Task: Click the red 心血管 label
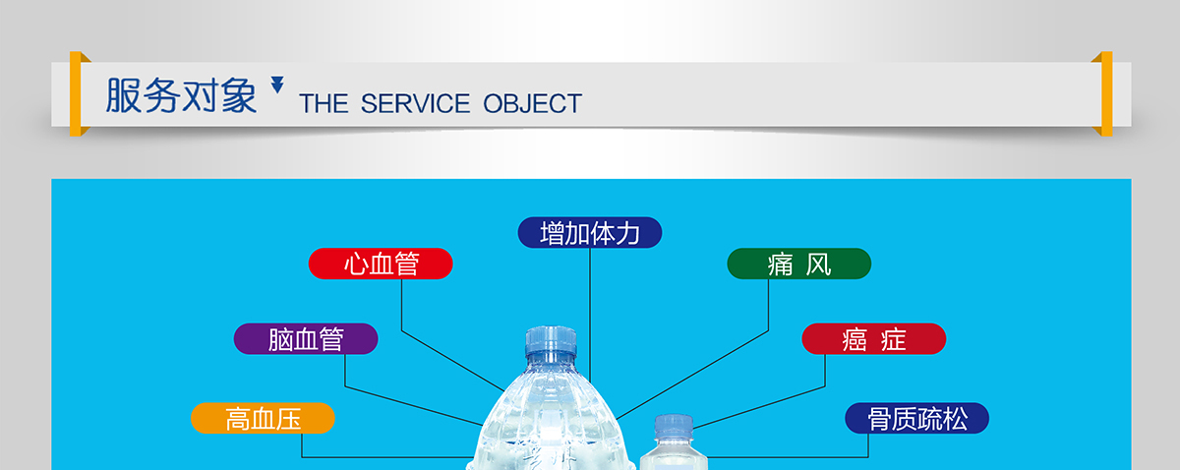(x=381, y=264)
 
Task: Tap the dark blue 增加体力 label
(x=590, y=232)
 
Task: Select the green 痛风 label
(x=799, y=264)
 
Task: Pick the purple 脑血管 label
(x=306, y=339)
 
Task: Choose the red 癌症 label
(x=874, y=339)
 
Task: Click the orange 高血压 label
(x=263, y=418)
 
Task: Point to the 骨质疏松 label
(x=917, y=418)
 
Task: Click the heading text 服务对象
(x=181, y=95)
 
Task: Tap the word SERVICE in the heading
(x=415, y=103)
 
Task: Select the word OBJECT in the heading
(x=533, y=103)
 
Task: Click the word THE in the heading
(x=324, y=103)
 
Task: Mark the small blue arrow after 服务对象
(x=277, y=85)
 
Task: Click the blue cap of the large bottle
(x=551, y=341)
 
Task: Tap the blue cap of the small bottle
(x=674, y=426)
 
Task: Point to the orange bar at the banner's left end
(x=76, y=93)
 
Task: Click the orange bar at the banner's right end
(x=1107, y=93)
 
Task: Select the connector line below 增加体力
(x=590, y=315)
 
